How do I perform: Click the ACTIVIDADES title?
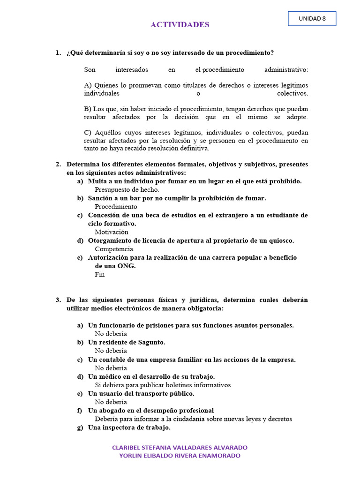pyautogui.click(x=180, y=25)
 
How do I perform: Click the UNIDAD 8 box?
pyautogui.click(x=312, y=19)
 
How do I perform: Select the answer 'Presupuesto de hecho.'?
pyautogui.click(x=127, y=190)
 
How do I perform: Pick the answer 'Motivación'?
pyautogui.click(x=111, y=232)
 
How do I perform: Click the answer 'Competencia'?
pyautogui.click(x=114, y=249)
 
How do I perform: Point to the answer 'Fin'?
pyautogui.click(x=99, y=275)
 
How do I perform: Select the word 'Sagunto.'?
pyautogui.click(x=151, y=342)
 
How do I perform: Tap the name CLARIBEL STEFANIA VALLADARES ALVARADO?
pyautogui.click(x=180, y=448)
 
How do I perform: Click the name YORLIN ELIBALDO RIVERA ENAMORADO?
pyautogui.click(x=180, y=456)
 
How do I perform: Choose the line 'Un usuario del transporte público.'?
pyautogui.click(x=141, y=393)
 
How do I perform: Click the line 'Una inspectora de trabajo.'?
pyautogui.click(x=129, y=427)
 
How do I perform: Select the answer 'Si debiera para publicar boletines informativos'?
pyautogui.click(x=163, y=385)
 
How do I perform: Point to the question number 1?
pyautogui.click(x=58, y=53)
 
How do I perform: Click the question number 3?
pyautogui.click(x=58, y=300)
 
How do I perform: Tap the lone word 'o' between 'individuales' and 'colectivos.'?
pyautogui.click(x=198, y=93)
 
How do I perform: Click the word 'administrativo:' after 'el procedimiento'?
pyautogui.click(x=286, y=70)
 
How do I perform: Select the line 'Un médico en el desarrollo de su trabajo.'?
pyautogui.click(x=151, y=376)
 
